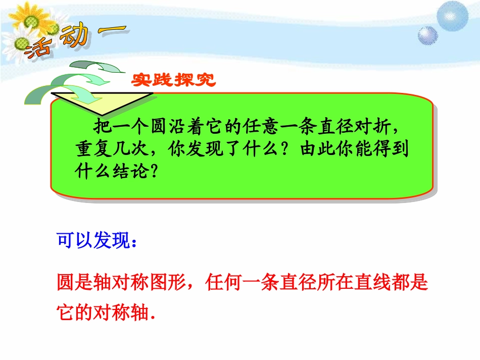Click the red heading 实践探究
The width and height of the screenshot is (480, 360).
[x=174, y=80]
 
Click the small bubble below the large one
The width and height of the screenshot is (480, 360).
[x=426, y=36]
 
